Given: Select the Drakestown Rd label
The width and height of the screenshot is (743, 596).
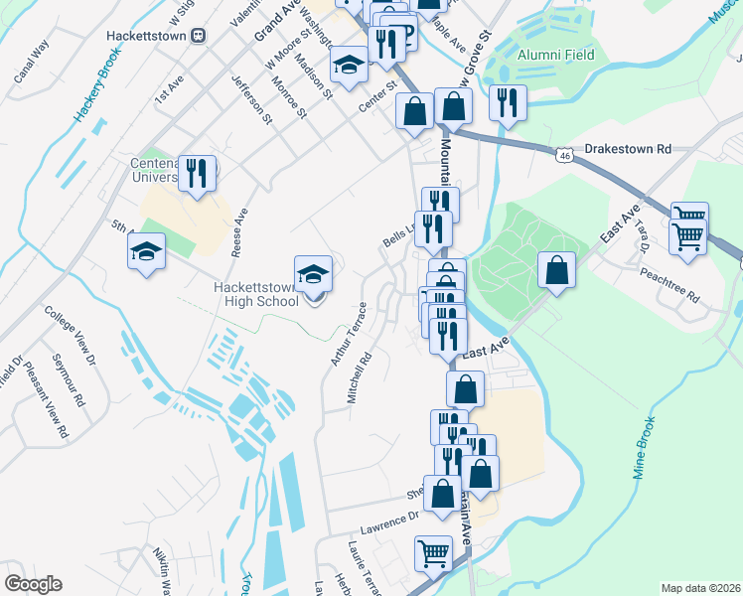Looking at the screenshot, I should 628,148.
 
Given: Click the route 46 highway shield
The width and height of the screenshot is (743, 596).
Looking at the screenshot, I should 564,156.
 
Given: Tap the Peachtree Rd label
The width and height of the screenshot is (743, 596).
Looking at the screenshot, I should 670,284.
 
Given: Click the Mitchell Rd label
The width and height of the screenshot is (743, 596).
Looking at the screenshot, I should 359,376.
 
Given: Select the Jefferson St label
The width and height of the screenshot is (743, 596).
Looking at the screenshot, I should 251,99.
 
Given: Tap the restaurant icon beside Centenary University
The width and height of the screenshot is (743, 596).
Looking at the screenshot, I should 197,175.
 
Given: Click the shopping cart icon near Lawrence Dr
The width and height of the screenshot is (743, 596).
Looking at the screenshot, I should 434,554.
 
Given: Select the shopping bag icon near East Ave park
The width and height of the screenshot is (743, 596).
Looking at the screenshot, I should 556,272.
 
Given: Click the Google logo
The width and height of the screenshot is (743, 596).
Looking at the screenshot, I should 33,584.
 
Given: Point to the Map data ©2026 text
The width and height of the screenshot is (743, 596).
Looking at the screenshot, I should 699,588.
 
